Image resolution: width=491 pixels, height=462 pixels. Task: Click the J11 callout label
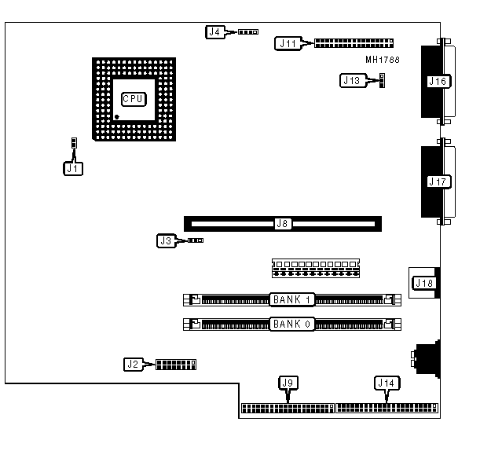point(287,43)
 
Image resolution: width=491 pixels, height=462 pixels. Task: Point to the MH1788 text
point(384,60)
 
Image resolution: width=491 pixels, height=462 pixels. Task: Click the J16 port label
point(437,81)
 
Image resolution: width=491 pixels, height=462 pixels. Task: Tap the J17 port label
point(438,181)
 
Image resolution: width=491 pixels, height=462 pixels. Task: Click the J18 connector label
point(425,283)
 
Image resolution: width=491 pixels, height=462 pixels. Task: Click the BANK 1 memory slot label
point(292,299)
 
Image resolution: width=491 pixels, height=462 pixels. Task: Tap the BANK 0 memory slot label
point(292,323)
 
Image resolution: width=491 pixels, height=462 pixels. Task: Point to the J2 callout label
point(134,364)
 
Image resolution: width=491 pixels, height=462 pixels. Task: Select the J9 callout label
point(288,383)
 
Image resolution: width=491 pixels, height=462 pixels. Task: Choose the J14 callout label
point(386,383)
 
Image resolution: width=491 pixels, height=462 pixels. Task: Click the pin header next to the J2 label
point(176,364)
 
